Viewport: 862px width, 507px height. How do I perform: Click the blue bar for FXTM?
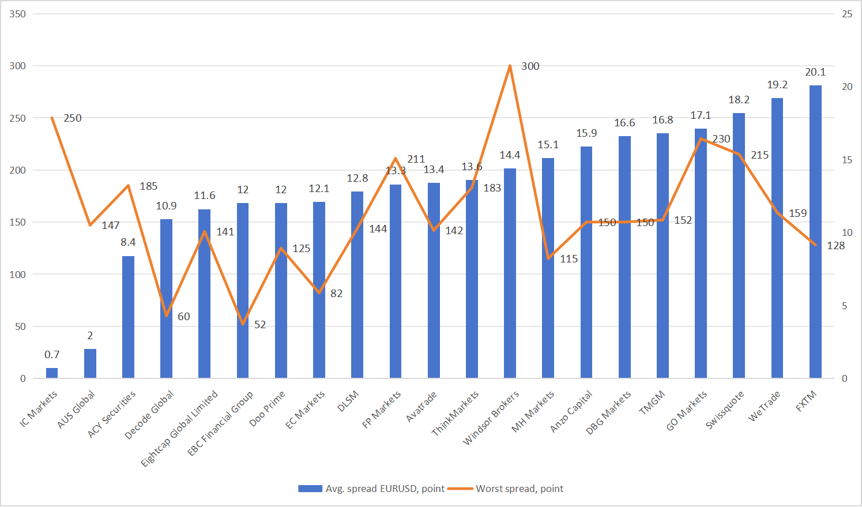click(x=815, y=231)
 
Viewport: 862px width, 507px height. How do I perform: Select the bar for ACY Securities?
click(x=128, y=317)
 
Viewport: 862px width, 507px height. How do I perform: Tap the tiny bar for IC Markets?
click(x=52, y=373)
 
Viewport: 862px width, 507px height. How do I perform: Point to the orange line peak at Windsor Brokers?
click(x=510, y=66)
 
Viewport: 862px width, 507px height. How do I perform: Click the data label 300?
click(x=530, y=66)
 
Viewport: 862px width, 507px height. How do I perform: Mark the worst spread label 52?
click(x=260, y=325)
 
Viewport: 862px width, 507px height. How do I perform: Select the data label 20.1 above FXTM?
click(x=815, y=72)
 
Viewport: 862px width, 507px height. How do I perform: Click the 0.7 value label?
click(x=52, y=355)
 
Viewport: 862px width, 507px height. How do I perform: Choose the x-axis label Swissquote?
click(x=725, y=410)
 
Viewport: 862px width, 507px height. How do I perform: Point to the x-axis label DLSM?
click(x=348, y=401)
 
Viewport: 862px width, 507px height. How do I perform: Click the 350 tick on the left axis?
click(x=18, y=14)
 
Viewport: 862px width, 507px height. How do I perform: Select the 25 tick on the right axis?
click(x=847, y=14)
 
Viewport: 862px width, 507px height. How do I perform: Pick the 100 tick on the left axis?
click(x=18, y=275)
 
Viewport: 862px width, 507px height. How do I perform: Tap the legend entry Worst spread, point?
click(x=520, y=489)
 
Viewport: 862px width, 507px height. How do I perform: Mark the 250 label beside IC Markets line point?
click(x=73, y=118)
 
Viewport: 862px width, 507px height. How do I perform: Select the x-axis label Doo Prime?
click(x=268, y=409)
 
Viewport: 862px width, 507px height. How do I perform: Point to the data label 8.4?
click(x=128, y=242)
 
